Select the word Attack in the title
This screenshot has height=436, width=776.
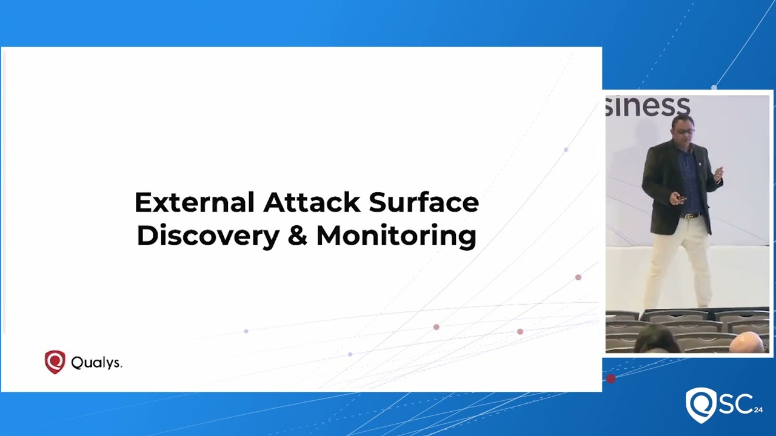(312, 202)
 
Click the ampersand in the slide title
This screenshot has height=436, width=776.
(297, 236)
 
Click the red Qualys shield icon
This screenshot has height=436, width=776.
(55, 362)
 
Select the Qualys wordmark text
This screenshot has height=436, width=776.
(96, 363)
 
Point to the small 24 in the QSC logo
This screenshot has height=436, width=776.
(758, 410)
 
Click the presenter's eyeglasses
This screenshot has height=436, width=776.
(684, 131)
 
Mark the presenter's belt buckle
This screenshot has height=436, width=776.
(688, 216)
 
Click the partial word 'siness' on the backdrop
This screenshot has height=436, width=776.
(647, 107)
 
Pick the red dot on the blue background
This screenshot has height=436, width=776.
(610, 379)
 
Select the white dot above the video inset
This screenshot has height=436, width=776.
(714, 88)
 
